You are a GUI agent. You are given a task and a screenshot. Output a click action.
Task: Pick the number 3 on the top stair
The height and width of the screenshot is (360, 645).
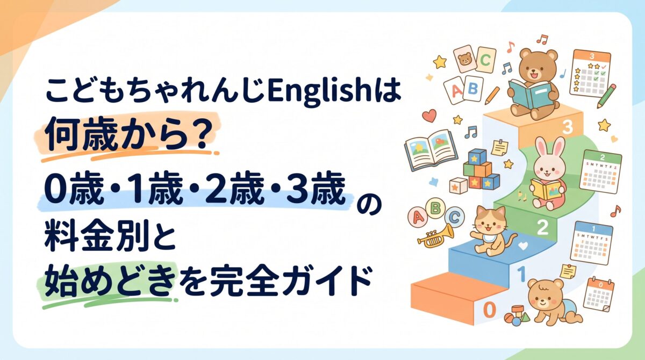567,127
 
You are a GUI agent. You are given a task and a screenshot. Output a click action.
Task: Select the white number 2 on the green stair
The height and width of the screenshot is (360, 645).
543,228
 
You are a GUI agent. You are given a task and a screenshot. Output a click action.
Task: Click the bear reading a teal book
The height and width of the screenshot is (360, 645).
533,84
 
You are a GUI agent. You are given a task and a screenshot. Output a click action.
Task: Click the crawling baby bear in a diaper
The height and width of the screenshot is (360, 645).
554,301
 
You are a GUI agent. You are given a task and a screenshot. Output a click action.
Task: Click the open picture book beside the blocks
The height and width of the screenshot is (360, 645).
431,149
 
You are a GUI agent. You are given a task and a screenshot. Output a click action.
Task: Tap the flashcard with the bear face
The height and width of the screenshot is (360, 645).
464,59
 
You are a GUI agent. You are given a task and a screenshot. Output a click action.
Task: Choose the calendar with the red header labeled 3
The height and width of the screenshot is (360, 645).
591,74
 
